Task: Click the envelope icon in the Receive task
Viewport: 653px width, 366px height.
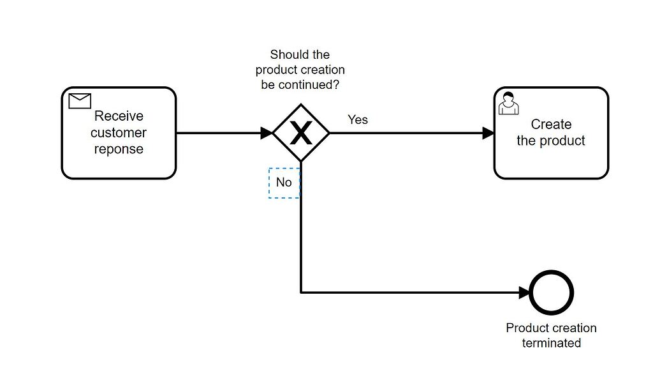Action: [80, 101]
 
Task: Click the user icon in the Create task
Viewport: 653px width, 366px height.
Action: [508, 103]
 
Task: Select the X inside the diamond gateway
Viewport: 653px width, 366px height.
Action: [301, 133]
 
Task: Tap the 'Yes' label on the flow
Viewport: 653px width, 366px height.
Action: [357, 119]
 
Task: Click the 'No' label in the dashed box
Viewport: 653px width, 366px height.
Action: [284, 183]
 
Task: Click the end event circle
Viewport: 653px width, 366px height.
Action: [552, 293]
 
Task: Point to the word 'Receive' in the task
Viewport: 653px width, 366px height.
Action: [119, 116]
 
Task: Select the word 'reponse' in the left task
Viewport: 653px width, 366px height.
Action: [119, 149]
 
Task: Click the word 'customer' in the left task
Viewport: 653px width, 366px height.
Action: [119, 133]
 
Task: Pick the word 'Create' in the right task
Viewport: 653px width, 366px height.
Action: [551, 125]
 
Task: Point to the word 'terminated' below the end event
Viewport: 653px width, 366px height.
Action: [552, 343]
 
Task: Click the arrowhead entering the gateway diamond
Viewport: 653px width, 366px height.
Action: [267, 133]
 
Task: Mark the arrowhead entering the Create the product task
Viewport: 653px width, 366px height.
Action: [488, 133]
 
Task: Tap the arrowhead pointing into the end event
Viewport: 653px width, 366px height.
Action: [524, 293]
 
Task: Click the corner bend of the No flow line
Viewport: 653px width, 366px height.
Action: [301, 293]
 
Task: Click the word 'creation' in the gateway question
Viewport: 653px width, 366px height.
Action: [322, 70]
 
